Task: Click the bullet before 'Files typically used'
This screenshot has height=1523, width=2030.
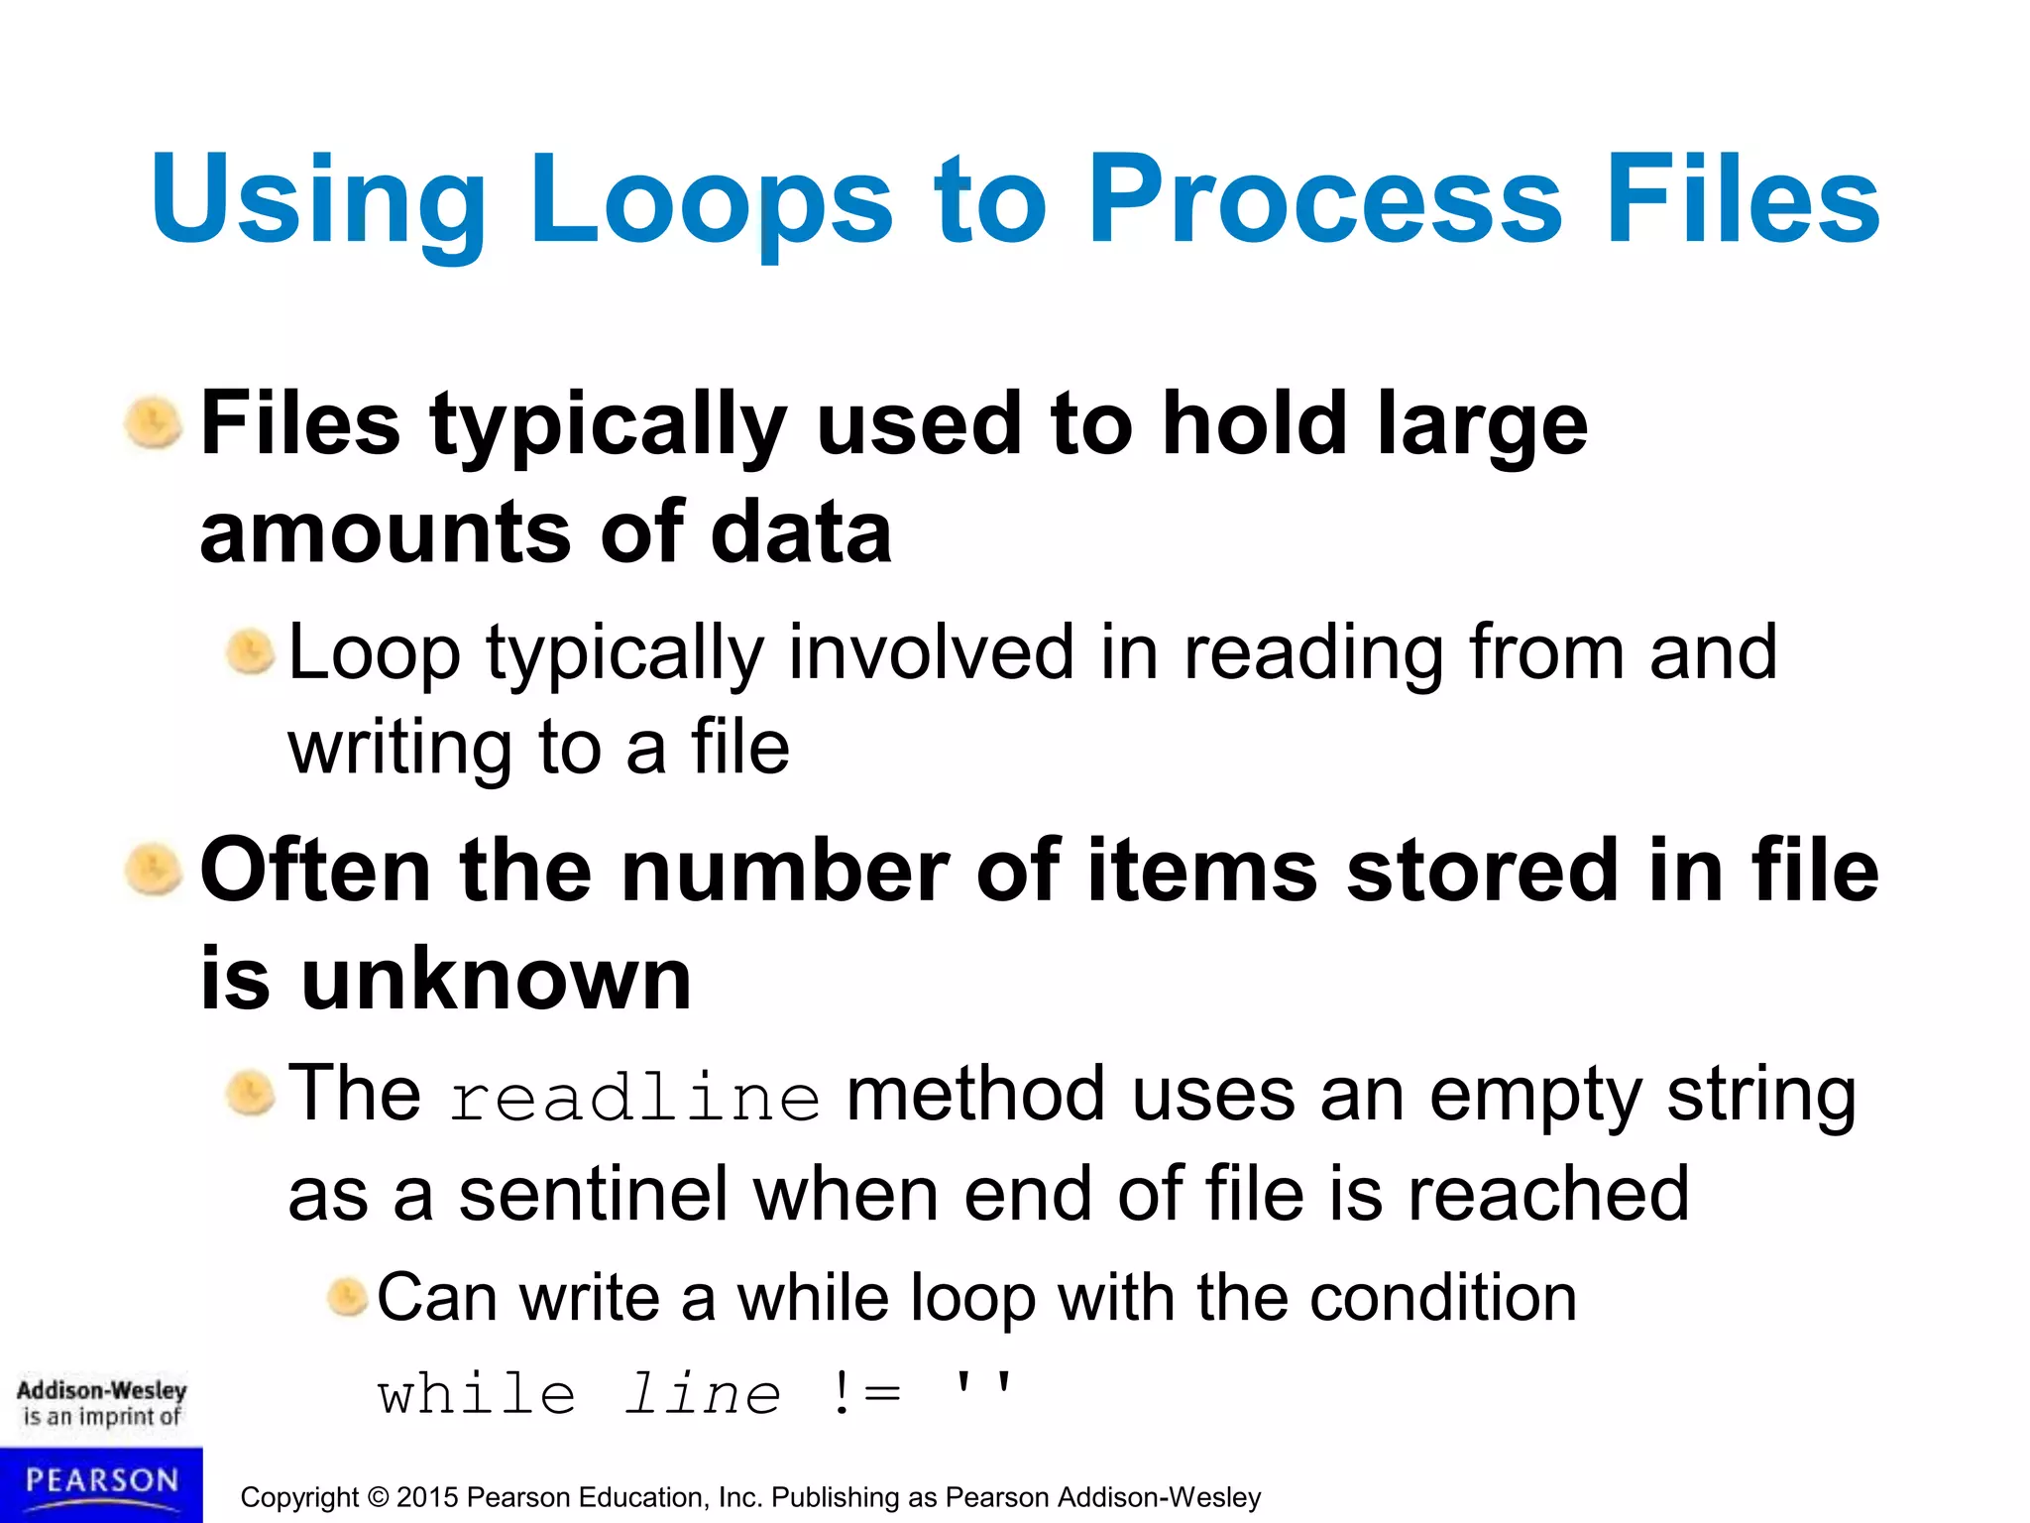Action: pyautogui.click(x=154, y=424)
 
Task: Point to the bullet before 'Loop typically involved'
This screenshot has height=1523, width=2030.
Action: pyautogui.click(x=250, y=652)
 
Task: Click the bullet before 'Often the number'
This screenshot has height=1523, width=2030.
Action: pyautogui.click(x=154, y=870)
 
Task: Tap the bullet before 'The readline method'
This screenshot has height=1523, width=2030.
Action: pyautogui.click(x=250, y=1095)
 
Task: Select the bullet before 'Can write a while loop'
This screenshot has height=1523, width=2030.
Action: pyautogui.click(x=348, y=1297)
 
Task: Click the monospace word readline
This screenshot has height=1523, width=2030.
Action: pyautogui.click(x=634, y=1098)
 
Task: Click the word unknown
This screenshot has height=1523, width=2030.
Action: pyautogui.click(x=496, y=979)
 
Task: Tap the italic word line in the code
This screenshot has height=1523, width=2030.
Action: pyautogui.click(x=703, y=1394)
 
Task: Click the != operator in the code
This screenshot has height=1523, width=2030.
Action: pyautogui.click(x=866, y=1394)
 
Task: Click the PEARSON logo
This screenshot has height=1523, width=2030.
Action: pyautogui.click(x=101, y=1482)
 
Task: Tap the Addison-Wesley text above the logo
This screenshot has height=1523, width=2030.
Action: pyautogui.click(x=101, y=1390)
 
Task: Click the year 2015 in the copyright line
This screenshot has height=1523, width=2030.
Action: pyautogui.click(x=427, y=1497)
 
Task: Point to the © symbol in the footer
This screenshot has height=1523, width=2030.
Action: pyautogui.click(x=378, y=1497)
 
